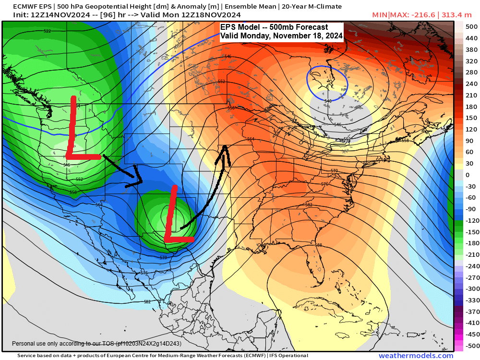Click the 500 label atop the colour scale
(471, 27)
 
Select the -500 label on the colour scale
(471, 346)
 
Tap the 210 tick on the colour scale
(471, 96)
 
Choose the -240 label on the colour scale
(471, 266)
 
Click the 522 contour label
(47, 31)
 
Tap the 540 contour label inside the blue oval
(328, 101)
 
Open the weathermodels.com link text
(416, 356)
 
